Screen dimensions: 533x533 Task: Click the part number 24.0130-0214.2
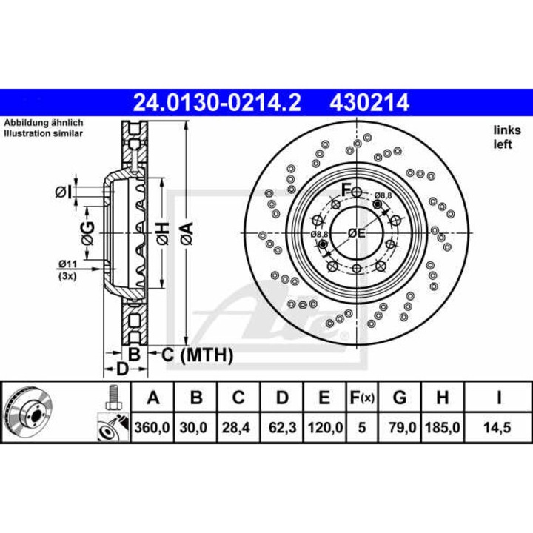(x=216, y=101)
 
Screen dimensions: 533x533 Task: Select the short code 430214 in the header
(x=365, y=101)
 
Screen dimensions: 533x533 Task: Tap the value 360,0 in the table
(x=153, y=426)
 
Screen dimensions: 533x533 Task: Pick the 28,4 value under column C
(x=238, y=426)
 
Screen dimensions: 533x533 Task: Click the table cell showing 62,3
(x=281, y=426)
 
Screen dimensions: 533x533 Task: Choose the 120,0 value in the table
(x=324, y=426)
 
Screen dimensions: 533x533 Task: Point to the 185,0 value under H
(x=442, y=426)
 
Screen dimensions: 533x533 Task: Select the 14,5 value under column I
(x=499, y=426)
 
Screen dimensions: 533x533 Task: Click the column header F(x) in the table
(x=361, y=398)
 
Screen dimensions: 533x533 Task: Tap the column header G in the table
(x=400, y=398)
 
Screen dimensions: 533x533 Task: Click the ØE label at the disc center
(x=357, y=233)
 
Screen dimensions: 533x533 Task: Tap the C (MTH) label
(x=197, y=355)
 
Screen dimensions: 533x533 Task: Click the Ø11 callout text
(x=68, y=264)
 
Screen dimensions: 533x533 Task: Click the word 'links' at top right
(x=503, y=130)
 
